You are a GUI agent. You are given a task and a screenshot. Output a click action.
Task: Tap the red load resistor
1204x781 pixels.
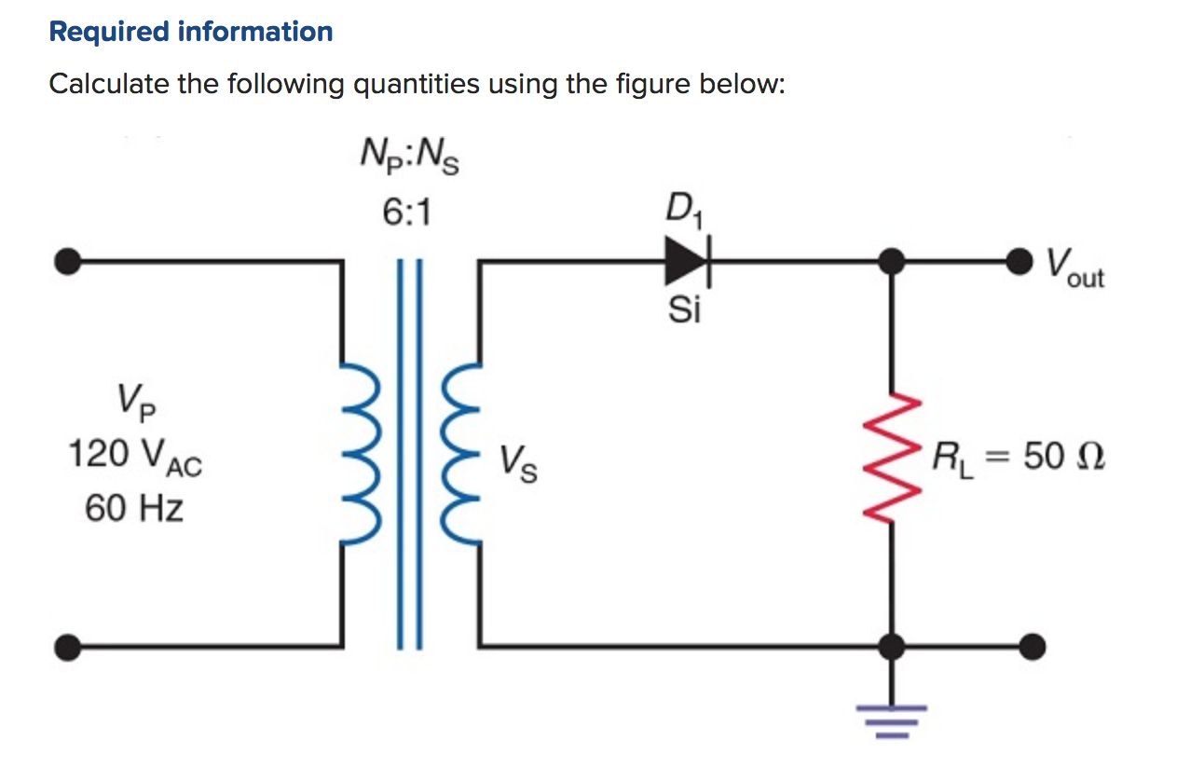tap(894, 458)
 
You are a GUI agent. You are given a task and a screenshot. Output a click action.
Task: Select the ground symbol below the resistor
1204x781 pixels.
tap(894, 718)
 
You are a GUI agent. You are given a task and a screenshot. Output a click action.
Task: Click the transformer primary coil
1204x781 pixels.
tap(361, 454)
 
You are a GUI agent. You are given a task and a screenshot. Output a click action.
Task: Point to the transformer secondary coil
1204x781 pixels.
tap(462, 454)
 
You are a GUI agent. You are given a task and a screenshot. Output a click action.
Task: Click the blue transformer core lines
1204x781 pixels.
tap(411, 454)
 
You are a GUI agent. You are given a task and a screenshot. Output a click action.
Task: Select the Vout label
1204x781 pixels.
tap(1074, 267)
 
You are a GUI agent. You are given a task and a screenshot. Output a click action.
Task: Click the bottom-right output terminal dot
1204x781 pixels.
tap(1031, 645)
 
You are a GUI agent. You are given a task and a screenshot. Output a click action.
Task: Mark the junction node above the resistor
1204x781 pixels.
tap(894, 262)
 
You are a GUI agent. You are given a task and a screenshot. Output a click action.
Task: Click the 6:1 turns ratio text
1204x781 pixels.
tap(407, 214)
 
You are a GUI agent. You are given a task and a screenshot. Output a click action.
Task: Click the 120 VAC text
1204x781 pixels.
tap(135, 456)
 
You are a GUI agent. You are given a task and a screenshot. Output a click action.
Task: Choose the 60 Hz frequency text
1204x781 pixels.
tap(134, 509)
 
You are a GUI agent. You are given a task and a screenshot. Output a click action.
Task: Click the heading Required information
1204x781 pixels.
tap(190, 32)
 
